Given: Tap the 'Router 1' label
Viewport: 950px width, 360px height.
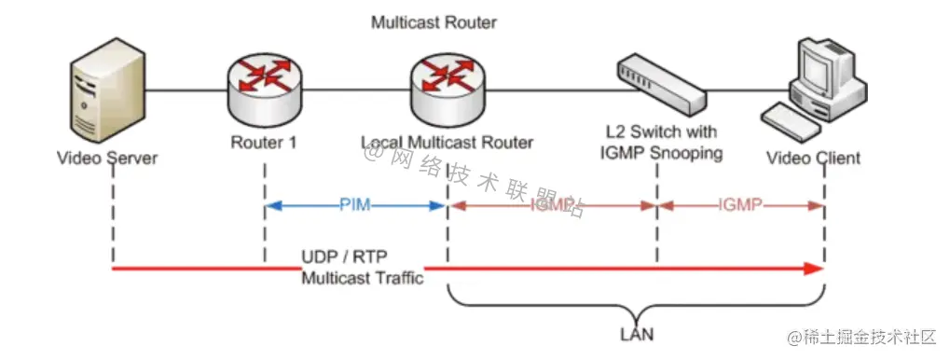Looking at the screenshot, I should click(264, 143).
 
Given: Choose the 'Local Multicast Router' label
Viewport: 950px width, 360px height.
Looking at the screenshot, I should click(447, 143).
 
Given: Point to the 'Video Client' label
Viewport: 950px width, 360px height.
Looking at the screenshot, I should click(813, 158).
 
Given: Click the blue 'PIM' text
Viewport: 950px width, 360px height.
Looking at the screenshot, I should click(355, 204).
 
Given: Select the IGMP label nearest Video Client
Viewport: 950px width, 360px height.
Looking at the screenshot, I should click(741, 204).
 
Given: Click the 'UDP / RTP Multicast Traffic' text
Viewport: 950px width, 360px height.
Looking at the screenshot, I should click(362, 268).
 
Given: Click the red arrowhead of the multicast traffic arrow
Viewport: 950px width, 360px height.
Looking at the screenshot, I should click(816, 270).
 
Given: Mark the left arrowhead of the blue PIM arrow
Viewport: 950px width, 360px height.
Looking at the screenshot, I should click(271, 205).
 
